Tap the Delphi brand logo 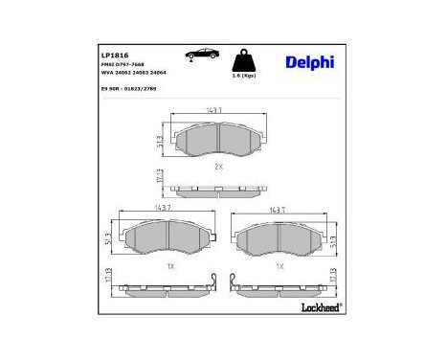coord(307,63)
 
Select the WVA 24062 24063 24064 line coord(140,73)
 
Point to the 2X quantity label coord(218,166)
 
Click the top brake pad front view coord(218,141)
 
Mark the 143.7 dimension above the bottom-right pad coord(279,210)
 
